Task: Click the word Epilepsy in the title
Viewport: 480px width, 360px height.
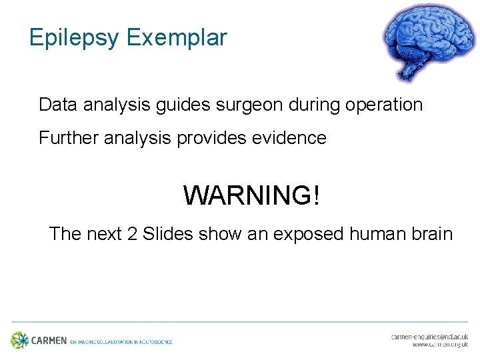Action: pos(73,38)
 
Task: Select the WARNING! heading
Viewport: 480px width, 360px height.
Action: pos(251,196)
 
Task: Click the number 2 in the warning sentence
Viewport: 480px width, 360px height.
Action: pos(130,234)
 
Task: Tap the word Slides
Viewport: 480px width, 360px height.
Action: pos(167,234)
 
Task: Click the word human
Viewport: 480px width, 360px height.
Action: pos(380,234)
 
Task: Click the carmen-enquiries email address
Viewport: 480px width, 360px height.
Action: pos(430,337)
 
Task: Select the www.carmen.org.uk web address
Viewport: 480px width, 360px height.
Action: pos(440,345)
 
